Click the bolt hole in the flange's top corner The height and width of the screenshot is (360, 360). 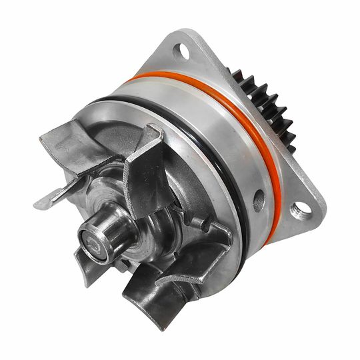[179, 51]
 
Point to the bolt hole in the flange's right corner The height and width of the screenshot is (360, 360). [301, 209]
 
